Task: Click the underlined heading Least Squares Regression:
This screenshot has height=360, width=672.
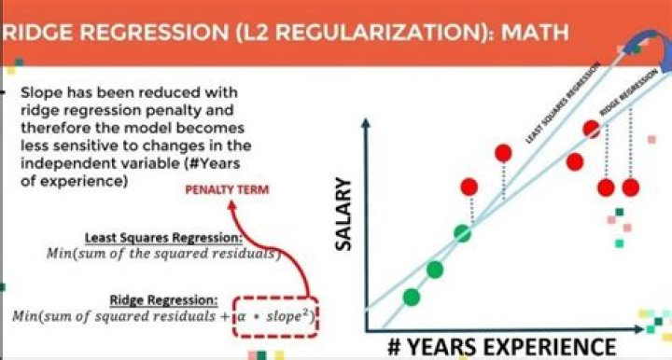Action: coord(162,237)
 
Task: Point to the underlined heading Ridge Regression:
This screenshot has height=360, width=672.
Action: coord(164,299)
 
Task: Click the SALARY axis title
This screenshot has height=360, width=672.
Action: coord(347,214)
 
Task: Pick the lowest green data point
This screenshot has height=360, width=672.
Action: coord(411,298)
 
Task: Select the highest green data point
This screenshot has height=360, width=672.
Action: coord(461,232)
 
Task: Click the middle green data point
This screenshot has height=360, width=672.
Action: coord(434,270)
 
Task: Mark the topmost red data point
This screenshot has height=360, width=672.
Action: coord(591,129)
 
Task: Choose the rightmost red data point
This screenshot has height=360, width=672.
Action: coord(632,187)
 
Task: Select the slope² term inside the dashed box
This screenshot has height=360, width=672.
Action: coord(291,315)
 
